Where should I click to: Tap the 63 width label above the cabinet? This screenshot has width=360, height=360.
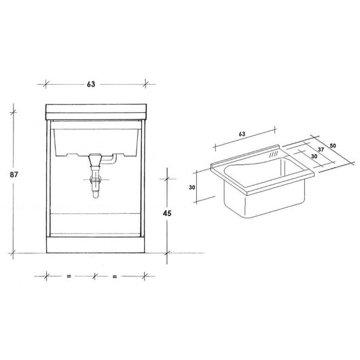(x=90, y=84)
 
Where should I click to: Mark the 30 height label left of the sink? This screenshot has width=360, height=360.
(x=192, y=188)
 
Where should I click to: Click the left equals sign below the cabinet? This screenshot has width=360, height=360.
(x=69, y=276)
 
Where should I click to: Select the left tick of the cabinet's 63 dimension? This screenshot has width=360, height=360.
(x=47, y=84)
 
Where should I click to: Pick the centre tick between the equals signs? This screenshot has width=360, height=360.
(x=94, y=276)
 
